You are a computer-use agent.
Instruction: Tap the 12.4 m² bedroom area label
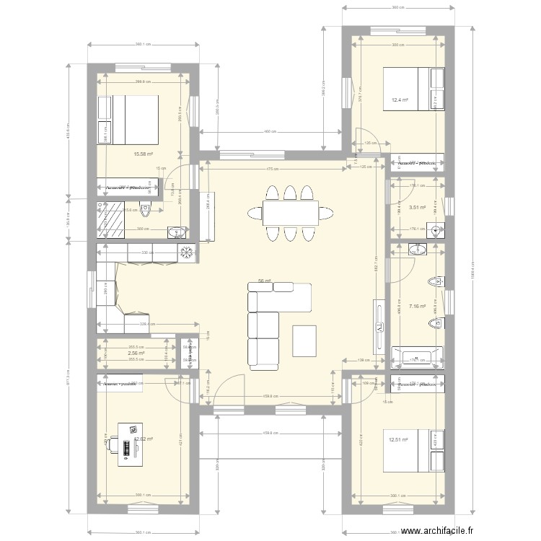pos(400,100)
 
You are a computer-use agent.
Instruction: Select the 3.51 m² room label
pos(417,208)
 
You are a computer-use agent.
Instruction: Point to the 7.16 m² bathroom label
pos(417,307)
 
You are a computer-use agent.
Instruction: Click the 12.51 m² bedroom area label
pos(399,439)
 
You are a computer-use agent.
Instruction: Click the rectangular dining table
pos(289,213)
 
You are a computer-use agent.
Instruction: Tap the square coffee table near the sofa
pos(304,340)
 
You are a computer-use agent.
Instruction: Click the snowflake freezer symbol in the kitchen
pos(186,252)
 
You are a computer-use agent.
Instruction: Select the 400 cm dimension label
pos(269,132)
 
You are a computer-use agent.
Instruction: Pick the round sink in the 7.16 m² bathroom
pos(418,250)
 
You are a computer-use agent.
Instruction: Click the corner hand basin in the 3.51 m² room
pos(436,231)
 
